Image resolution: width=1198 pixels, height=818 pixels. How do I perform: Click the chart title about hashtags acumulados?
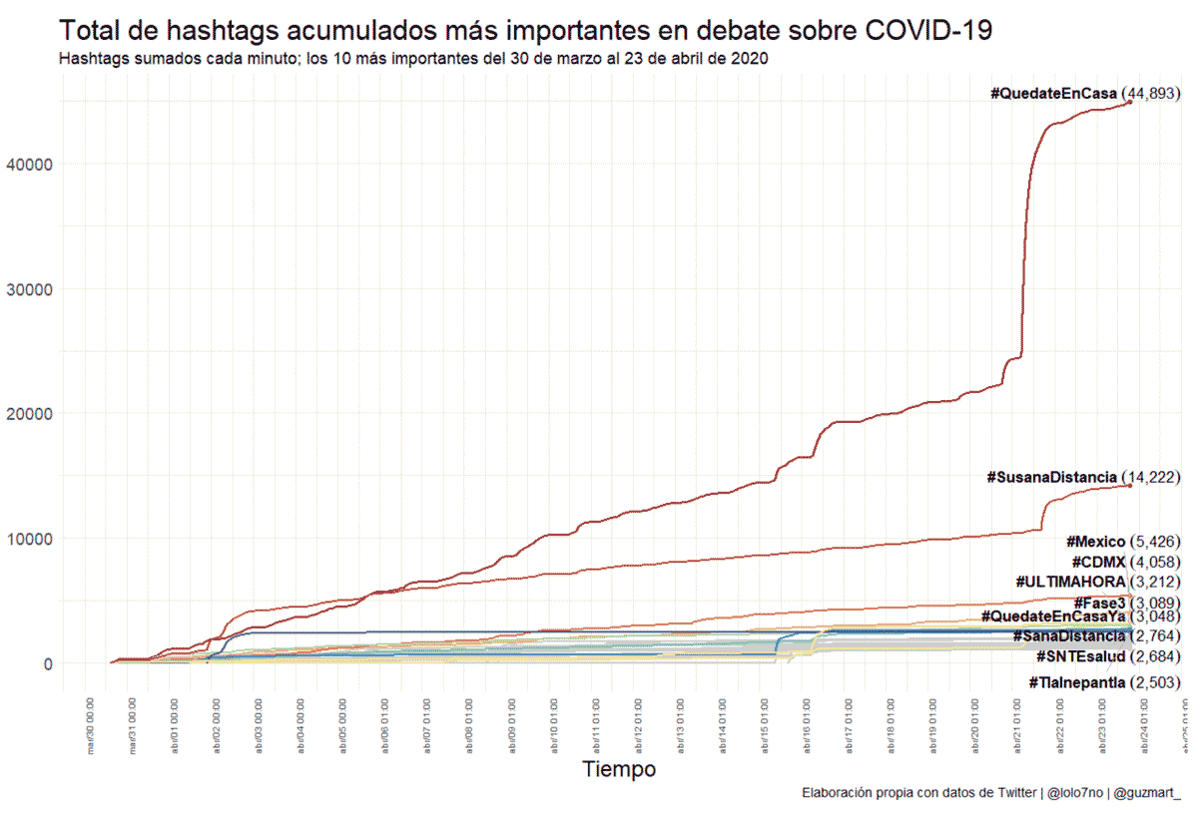tap(525, 30)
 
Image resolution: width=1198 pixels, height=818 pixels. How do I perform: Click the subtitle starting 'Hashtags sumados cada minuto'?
tap(412, 59)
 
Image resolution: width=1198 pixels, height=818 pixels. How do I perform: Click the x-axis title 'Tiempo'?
tap(619, 769)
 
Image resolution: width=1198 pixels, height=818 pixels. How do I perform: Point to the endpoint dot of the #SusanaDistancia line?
tap(1129, 485)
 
